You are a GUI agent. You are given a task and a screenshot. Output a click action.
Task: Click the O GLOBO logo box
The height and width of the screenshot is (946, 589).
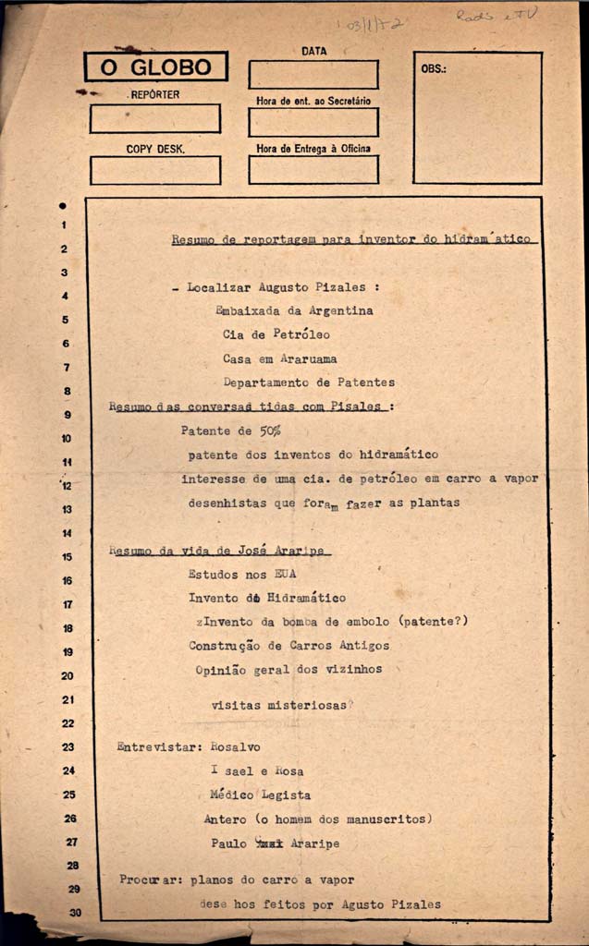[x=155, y=67]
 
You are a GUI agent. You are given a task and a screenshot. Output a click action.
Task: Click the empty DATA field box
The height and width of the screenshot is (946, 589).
[x=313, y=74]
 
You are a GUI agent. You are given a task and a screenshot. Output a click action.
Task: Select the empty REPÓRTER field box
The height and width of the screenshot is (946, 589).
[x=154, y=118]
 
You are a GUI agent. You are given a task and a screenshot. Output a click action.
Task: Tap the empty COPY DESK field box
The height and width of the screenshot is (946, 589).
[x=154, y=170]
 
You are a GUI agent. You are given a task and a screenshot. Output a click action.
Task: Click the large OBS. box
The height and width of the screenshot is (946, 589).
[x=476, y=117]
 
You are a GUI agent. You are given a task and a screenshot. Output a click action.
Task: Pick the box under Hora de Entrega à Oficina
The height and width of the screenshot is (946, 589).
[x=313, y=169]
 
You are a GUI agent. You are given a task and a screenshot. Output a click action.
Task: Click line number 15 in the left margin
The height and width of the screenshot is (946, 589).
[x=67, y=557]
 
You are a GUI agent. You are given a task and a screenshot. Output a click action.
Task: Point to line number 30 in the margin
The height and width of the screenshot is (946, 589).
[x=74, y=913]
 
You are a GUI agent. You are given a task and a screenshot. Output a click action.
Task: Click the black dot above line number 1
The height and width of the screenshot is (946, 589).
[x=63, y=205]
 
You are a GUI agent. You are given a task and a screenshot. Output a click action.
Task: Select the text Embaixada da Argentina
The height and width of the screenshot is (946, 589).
[x=294, y=310]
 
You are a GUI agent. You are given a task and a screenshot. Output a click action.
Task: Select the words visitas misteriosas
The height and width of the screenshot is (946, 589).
[x=278, y=704]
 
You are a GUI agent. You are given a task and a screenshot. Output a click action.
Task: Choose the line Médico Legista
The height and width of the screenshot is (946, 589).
[x=261, y=794]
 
